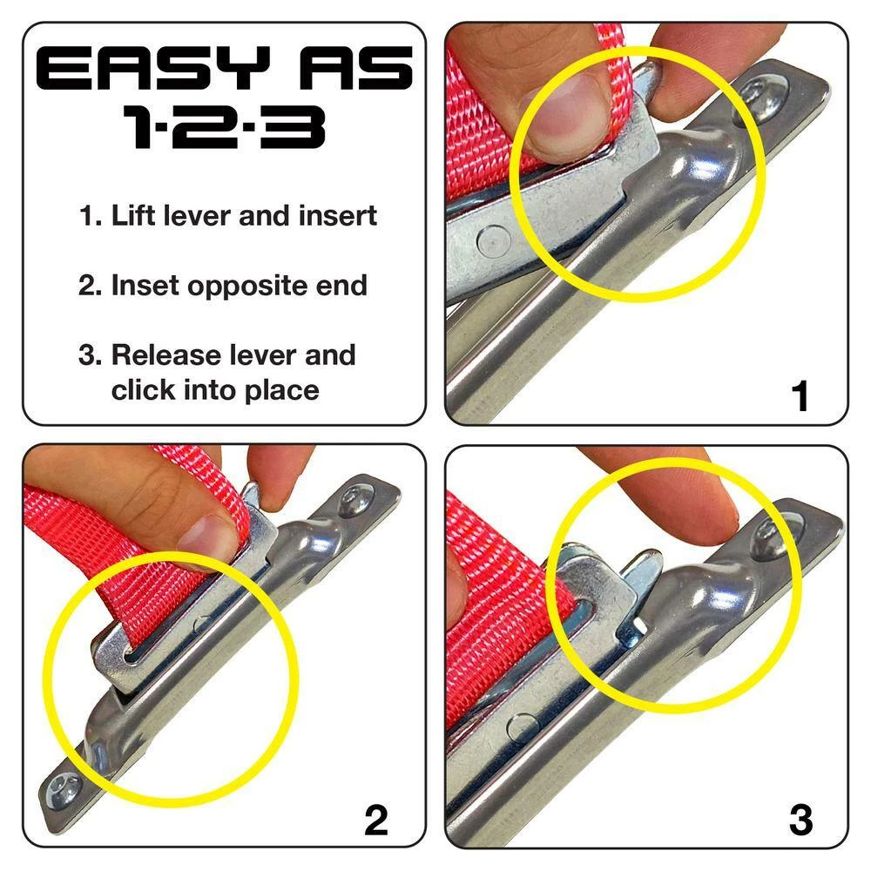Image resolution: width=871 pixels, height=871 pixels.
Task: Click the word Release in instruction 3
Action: tap(165, 355)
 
